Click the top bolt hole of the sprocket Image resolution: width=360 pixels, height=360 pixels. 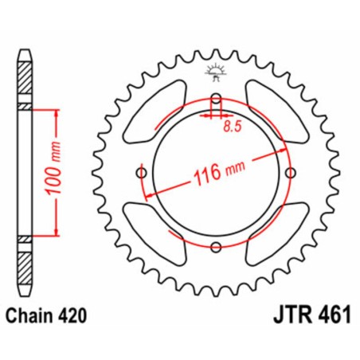(217, 100)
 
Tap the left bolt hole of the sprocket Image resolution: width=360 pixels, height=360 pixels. (142, 174)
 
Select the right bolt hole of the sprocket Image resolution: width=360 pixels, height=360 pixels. (292, 174)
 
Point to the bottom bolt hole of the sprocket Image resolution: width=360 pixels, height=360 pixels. (217, 248)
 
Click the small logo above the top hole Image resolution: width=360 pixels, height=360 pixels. (217, 72)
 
